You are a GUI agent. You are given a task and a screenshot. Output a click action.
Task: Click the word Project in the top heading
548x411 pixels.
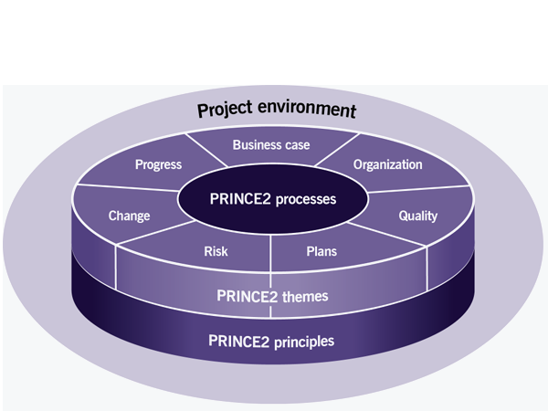225,111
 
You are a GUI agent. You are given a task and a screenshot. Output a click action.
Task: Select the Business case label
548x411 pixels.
271,144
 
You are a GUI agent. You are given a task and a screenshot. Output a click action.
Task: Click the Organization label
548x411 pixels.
387,165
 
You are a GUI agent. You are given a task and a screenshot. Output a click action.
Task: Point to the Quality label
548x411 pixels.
418,216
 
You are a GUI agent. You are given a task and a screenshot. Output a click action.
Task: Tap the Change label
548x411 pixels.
129,216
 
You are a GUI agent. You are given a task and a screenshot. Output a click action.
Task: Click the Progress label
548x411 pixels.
159,165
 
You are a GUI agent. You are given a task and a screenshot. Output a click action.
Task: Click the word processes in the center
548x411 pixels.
303,198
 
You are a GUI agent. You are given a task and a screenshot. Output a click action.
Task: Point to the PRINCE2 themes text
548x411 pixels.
271,296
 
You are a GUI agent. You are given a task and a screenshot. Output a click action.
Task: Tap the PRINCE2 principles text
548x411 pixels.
271,342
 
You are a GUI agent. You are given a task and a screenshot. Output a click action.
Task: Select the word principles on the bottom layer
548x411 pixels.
302,342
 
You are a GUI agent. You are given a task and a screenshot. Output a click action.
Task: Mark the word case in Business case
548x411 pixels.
298,144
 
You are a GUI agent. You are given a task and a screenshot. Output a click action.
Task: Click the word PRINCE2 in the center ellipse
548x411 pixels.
238,198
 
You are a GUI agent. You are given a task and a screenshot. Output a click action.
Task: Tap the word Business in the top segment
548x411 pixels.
257,144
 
